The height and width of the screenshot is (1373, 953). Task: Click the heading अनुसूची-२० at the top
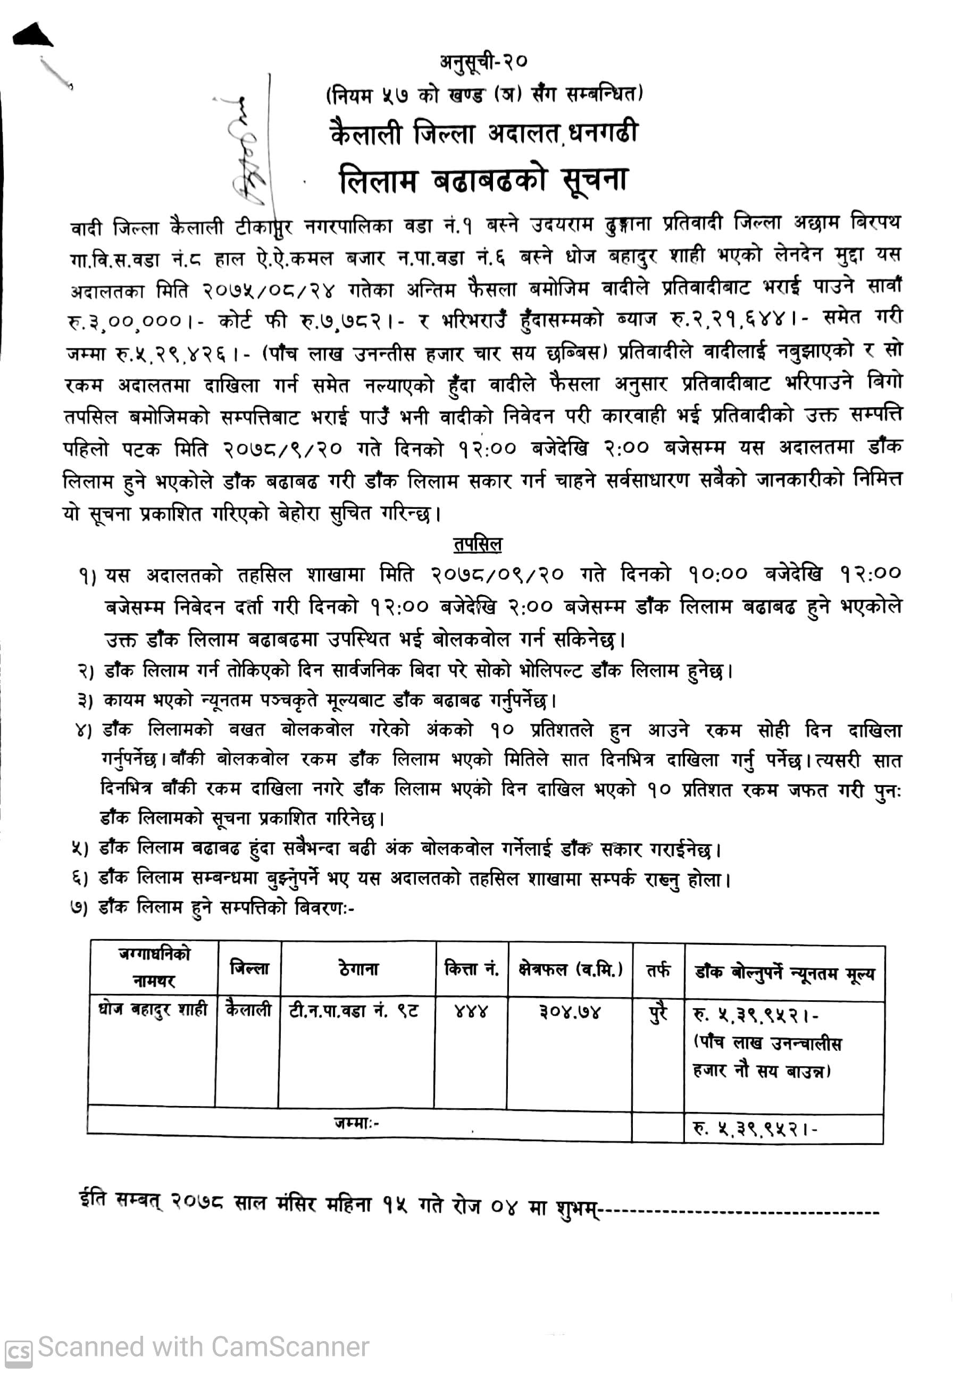coord(483,62)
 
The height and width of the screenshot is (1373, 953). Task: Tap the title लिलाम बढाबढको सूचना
coord(483,180)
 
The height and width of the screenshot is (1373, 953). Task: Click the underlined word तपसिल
coord(477,545)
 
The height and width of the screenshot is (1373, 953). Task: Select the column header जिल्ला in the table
coord(249,969)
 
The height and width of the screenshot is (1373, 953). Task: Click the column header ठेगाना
coord(358,969)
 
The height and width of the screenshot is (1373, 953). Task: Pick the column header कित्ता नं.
coord(472,969)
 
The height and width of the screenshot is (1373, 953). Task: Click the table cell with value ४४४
coord(471,1012)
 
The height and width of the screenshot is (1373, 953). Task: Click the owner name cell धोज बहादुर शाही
coord(153,1010)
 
